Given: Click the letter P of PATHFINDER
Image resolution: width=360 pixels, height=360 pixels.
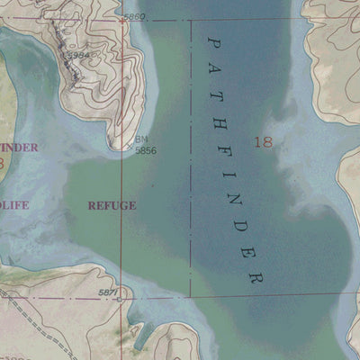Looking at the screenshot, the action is pos(213,41).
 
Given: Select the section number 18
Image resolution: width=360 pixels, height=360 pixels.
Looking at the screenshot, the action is pos(263,141).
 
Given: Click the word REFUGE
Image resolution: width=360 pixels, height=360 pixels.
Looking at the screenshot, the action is pos(112,205).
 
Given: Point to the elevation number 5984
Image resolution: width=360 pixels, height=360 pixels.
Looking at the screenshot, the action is pos(79,55).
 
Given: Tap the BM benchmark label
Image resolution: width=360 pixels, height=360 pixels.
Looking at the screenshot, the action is pos(141,139).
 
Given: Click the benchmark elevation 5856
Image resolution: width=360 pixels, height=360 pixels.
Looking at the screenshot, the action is pos(146,150).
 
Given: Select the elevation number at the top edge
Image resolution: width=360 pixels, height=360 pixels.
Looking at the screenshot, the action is pos(133,17).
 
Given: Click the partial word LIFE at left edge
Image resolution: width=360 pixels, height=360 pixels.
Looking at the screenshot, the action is pos(13,205).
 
